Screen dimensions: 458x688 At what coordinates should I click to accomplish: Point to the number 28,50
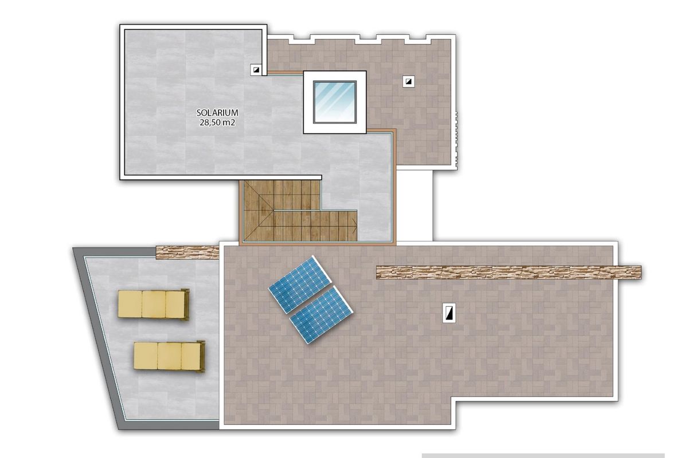210,123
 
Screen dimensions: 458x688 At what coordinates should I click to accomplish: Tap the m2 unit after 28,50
228,123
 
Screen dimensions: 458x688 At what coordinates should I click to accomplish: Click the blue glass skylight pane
334,101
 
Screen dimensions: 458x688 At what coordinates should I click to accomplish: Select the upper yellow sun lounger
153,304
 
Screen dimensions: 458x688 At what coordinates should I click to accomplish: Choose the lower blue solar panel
321,315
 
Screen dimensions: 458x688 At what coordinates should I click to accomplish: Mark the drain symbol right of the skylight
408,81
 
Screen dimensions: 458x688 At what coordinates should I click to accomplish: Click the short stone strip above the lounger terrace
187,252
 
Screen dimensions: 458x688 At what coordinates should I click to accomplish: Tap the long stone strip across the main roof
508,273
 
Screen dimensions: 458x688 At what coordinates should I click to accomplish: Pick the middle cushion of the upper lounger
154,304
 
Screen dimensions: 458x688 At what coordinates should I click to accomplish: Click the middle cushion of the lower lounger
169,356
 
